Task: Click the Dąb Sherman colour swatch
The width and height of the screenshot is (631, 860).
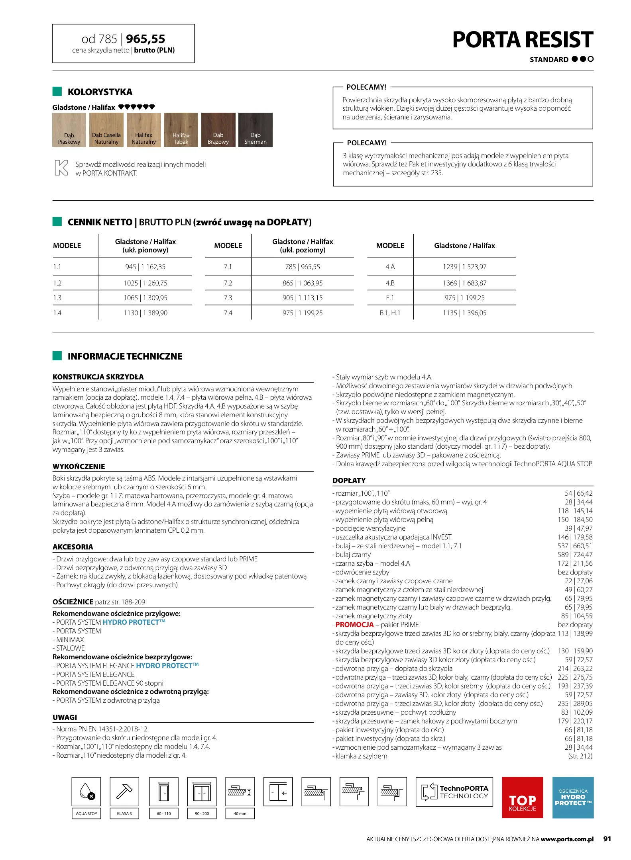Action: (x=255, y=130)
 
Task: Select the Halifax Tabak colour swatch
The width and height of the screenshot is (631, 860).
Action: (x=181, y=130)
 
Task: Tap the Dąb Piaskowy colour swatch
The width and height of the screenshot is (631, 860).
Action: (x=69, y=130)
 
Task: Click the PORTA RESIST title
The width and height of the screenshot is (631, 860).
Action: (x=523, y=40)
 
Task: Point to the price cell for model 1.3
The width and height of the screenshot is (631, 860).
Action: (x=145, y=298)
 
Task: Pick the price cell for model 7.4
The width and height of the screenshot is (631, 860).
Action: (x=303, y=313)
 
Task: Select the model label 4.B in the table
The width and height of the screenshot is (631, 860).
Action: (x=390, y=283)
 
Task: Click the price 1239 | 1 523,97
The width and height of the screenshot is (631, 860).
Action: (x=464, y=267)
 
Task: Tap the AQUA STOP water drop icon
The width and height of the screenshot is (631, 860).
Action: (x=86, y=792)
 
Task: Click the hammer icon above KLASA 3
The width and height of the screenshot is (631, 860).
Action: (x=124, y=792)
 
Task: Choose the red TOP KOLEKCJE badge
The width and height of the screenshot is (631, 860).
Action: (x=522, y=797)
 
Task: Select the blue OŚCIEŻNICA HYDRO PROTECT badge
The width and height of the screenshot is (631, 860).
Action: (x=573, y=797)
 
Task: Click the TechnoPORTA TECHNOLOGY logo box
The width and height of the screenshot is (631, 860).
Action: (x=454, y=792)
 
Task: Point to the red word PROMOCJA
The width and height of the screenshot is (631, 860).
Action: (x=354, y=625)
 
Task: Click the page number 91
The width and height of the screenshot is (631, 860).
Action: (x=607, y=839)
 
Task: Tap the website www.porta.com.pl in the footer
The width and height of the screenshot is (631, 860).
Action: (x=567, y=839)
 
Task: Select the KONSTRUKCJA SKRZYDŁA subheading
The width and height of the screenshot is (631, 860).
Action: (x=98, y=377)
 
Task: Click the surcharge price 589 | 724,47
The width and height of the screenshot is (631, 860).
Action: (x=575, y=555)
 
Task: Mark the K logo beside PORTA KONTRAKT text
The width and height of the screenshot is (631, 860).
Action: (x=61, y=168)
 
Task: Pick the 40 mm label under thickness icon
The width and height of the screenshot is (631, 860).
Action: (x=240, y=813)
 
